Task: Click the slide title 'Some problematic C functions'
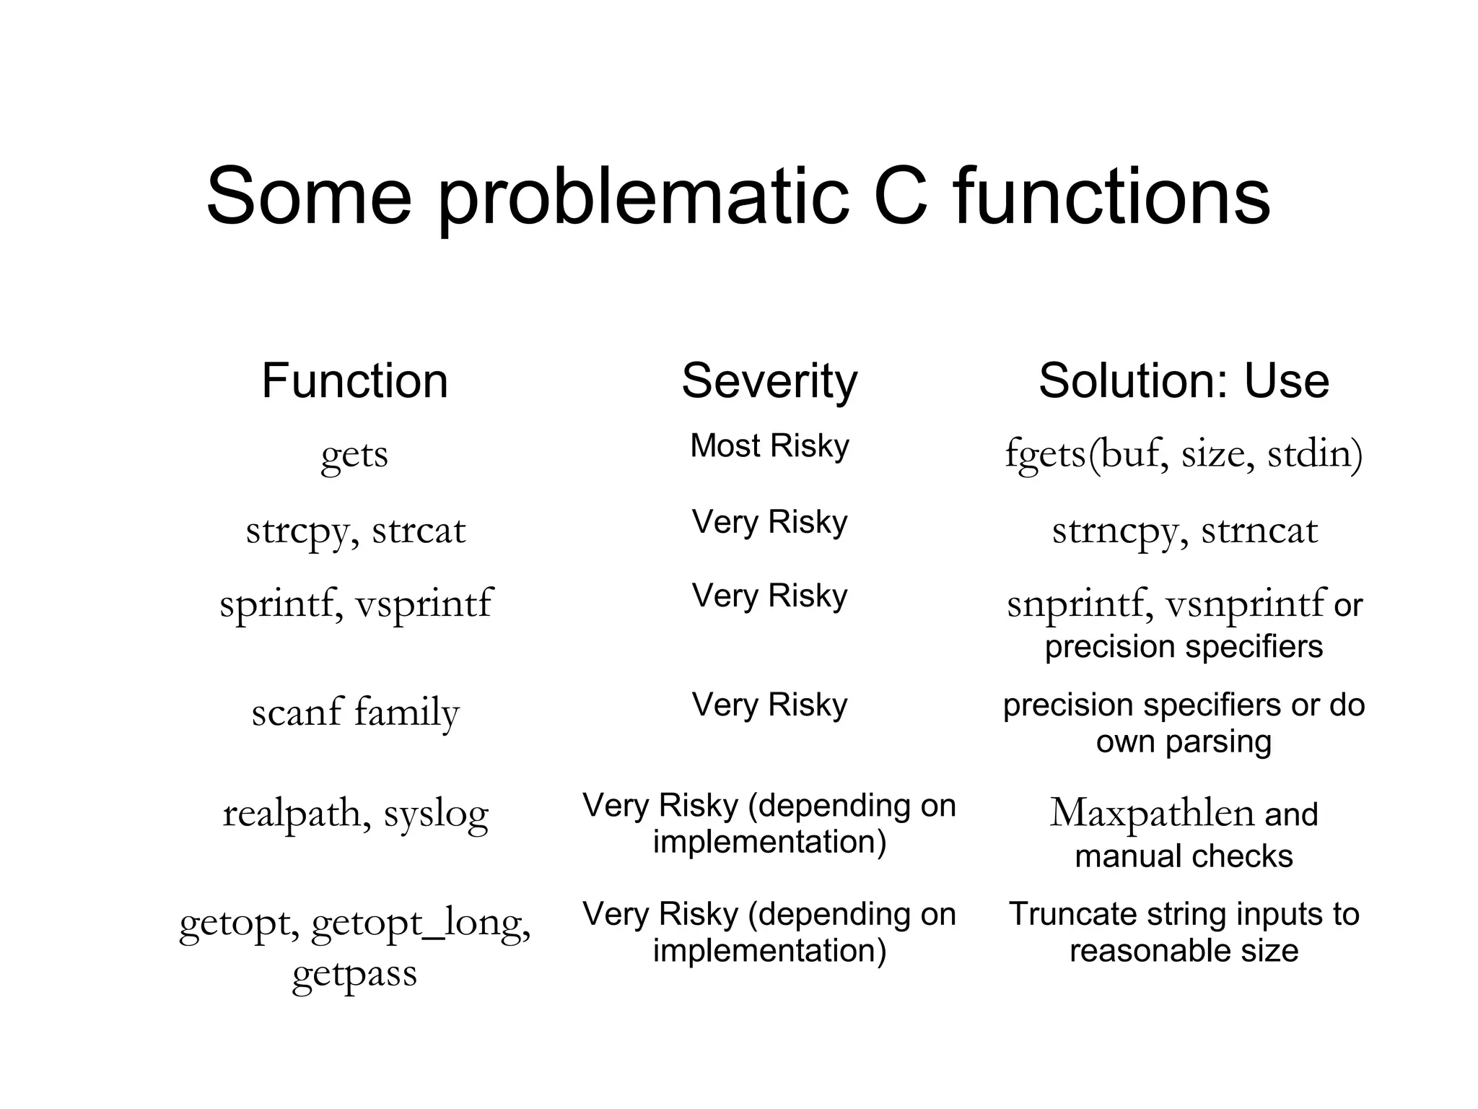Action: click(x=738, y=196)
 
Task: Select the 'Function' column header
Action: click(x=354, y=380)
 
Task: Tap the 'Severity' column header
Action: click(x=769, y=380)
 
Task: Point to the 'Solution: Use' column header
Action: click(x=1184, y=380)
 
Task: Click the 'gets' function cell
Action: click(x=354, y=456)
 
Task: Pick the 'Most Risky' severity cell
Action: click(x=769, y=445)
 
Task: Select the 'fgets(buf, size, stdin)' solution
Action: click(x=1184, y=454)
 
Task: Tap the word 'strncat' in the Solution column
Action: click(x=1259, y=531)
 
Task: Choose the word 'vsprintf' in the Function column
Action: click(x=424, y=604)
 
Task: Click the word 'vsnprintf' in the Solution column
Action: click(x=1246, y=604)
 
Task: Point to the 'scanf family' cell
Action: click(x=355, y=713)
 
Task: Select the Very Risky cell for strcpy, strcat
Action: click(x=769, y=521)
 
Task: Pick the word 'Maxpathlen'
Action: click(x=1152, y=814)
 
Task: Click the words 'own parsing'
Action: click(x=1184, y=741)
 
